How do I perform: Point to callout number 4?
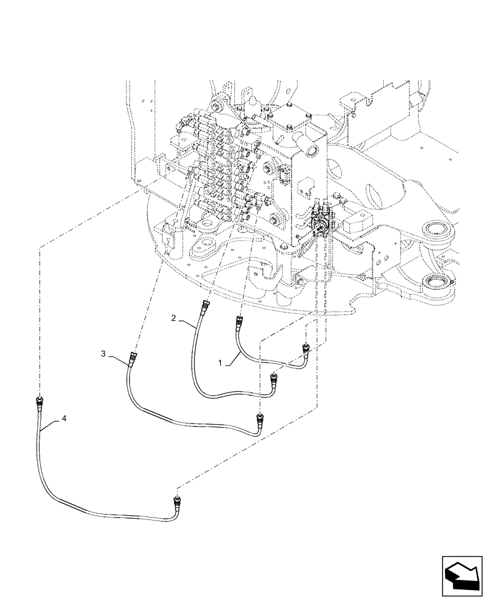64,421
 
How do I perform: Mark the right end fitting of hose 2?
274,379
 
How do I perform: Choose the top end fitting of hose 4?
40,401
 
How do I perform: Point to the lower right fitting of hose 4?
177,500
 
